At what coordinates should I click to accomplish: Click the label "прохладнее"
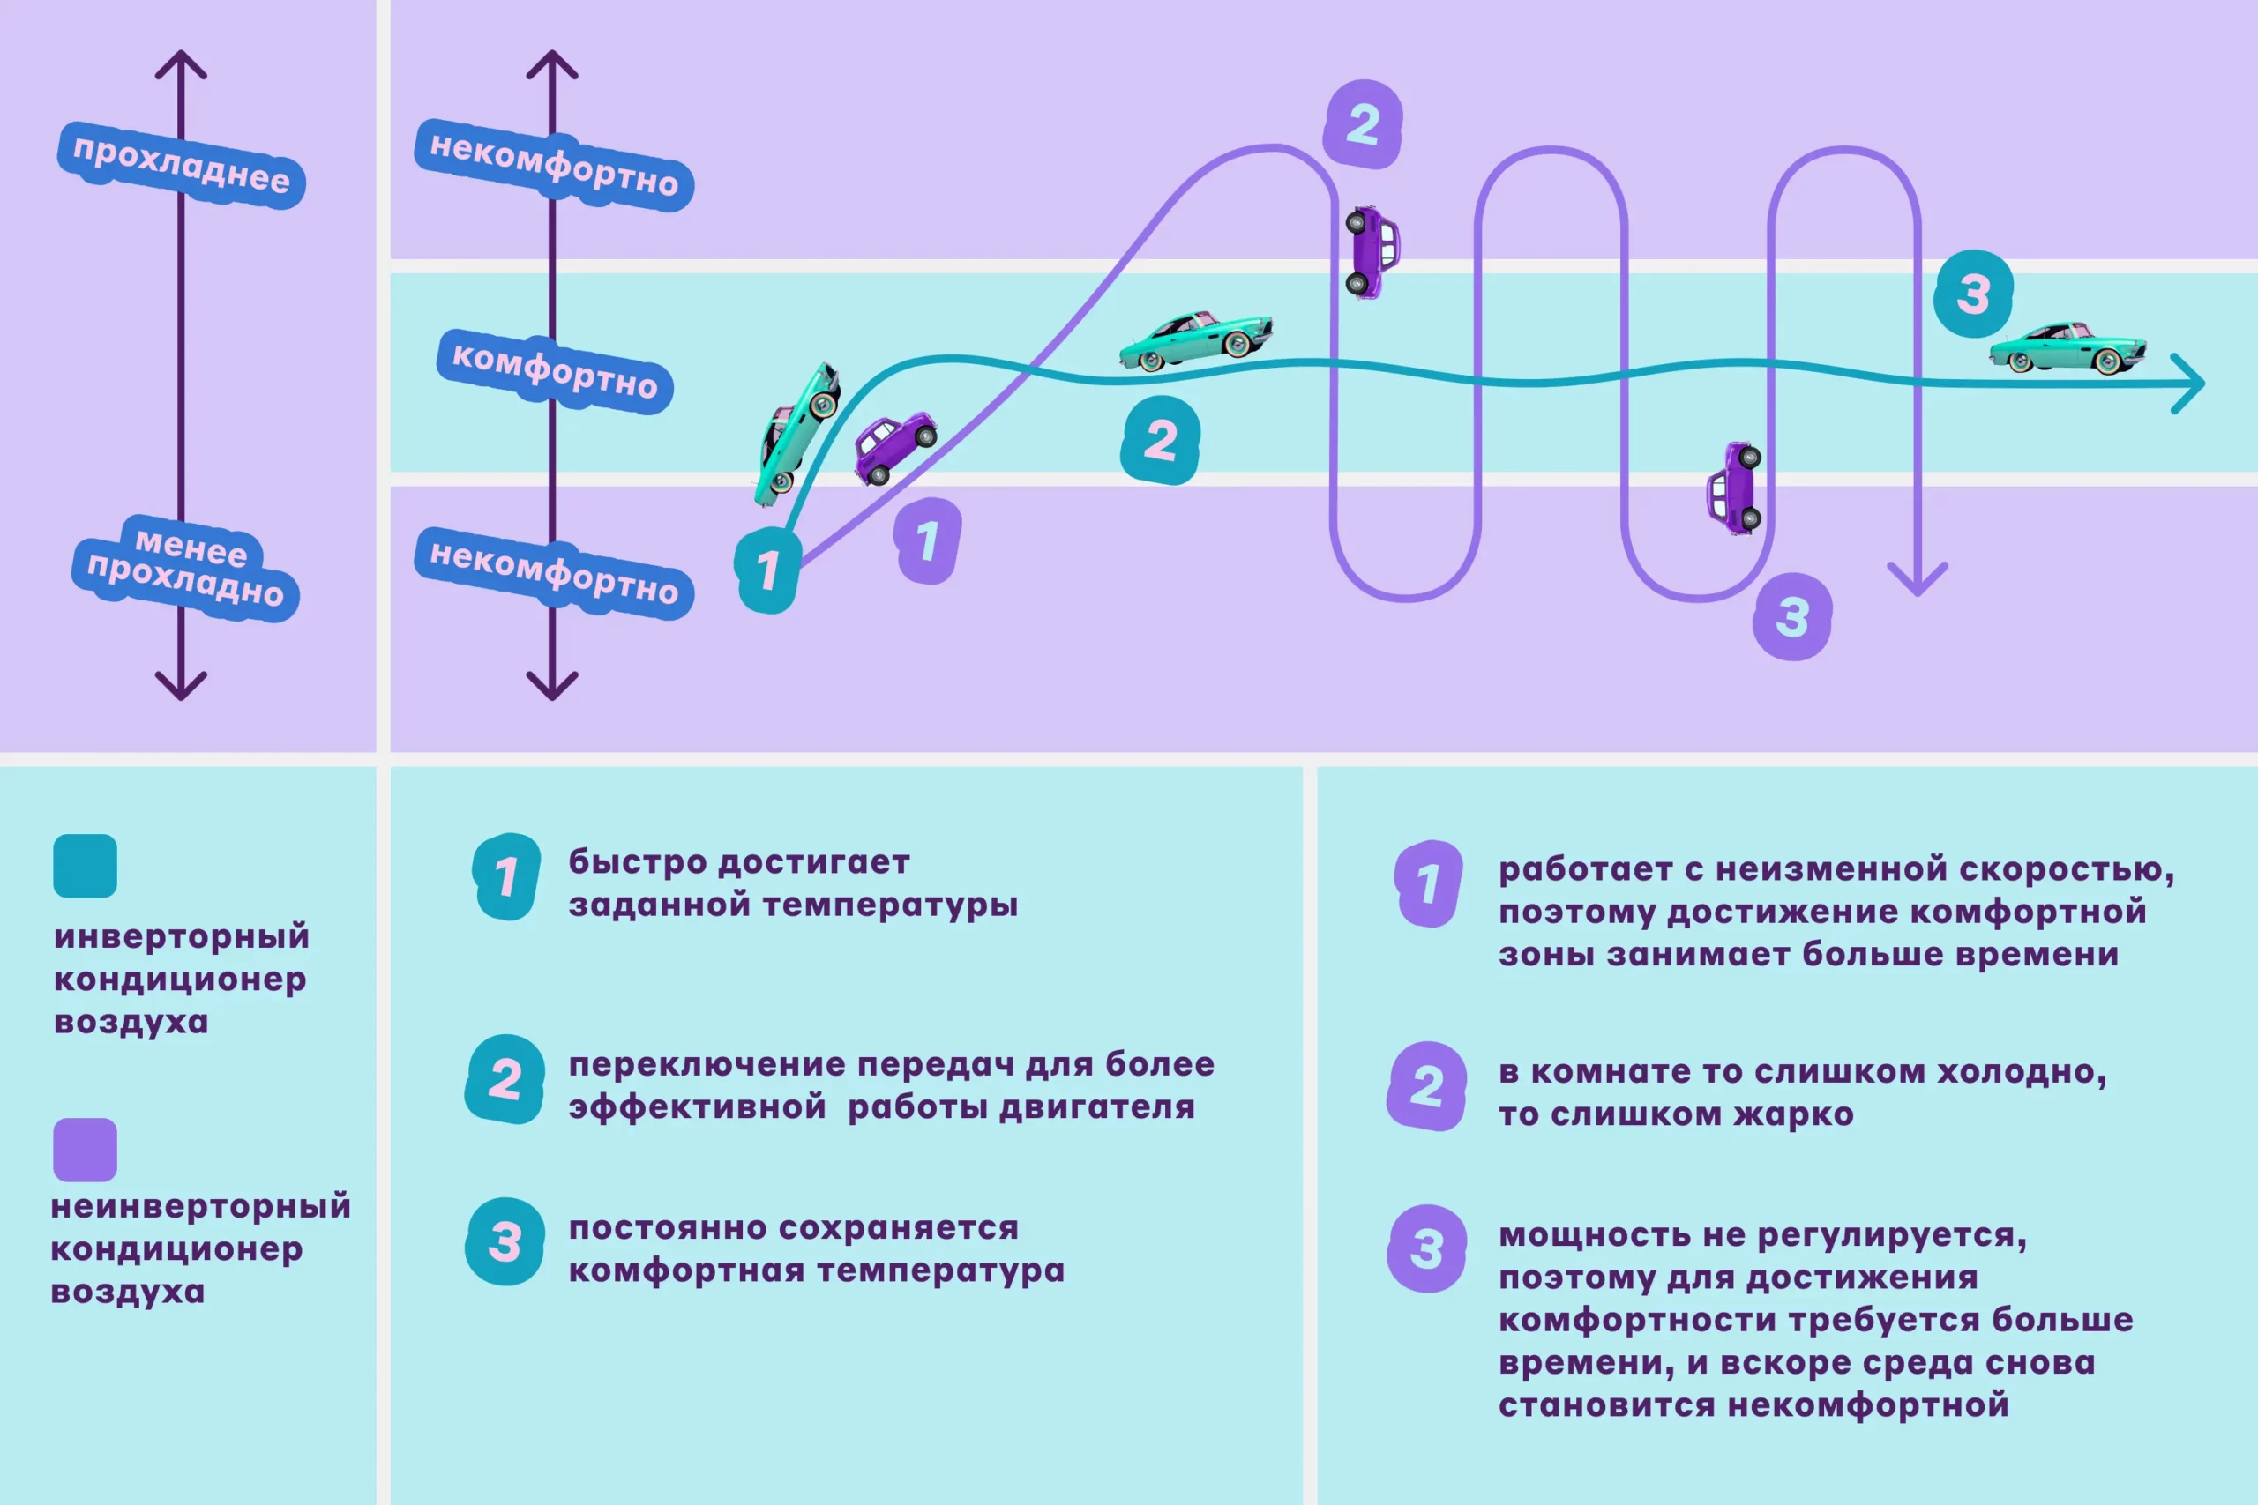coord(182,165)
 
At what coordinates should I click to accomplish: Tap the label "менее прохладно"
coord(186,568)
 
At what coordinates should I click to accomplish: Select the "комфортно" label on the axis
coord(555,371)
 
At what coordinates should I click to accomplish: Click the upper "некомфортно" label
coord(554,165)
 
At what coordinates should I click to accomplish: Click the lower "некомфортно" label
coord(554,573)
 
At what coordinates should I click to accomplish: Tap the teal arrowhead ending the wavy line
coord(2190,384)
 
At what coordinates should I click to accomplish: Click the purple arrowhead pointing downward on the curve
coord(1918,578)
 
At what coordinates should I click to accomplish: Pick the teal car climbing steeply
coord(796,433)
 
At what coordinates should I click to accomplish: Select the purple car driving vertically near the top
coord(1372,251)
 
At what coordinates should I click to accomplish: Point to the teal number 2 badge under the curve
coord(1161,440)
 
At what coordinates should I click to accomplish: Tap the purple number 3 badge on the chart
coord(1792,616)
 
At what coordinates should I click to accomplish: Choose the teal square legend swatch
coord(86,866)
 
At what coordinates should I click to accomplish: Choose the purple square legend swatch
coord(86,1149)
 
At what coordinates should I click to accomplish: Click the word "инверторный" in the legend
coord(182,935)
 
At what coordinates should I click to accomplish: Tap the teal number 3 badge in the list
coord(505,1241)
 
